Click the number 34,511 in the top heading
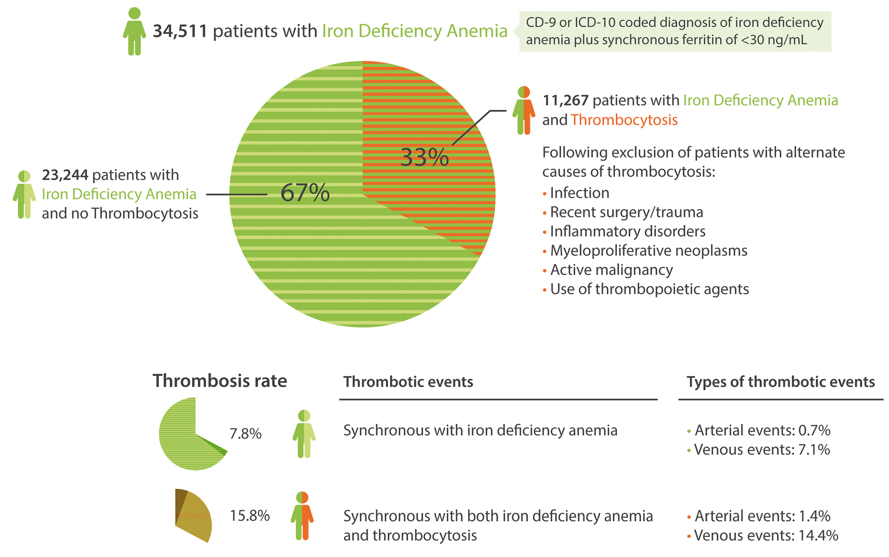pos(180,31)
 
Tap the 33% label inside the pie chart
pos(424,157)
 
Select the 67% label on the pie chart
pos(305,193)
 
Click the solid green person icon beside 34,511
pos(134,32)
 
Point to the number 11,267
pos(565,100)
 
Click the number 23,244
pos(65,175)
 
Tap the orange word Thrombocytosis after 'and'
pos(624,120)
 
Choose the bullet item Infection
pos(579,193)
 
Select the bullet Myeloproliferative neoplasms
pos(649,251)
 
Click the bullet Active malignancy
pos(611,270)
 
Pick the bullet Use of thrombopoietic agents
pos(649,289)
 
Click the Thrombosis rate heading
pos(220,381)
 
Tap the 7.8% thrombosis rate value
pos(245,433)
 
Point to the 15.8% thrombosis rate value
pos(249,516)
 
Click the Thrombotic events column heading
pos(408,382)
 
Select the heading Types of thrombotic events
pos(781,382)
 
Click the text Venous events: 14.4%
pos(765,535)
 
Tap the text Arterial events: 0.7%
pos(762,430)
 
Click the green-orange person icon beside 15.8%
pos(302,516)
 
